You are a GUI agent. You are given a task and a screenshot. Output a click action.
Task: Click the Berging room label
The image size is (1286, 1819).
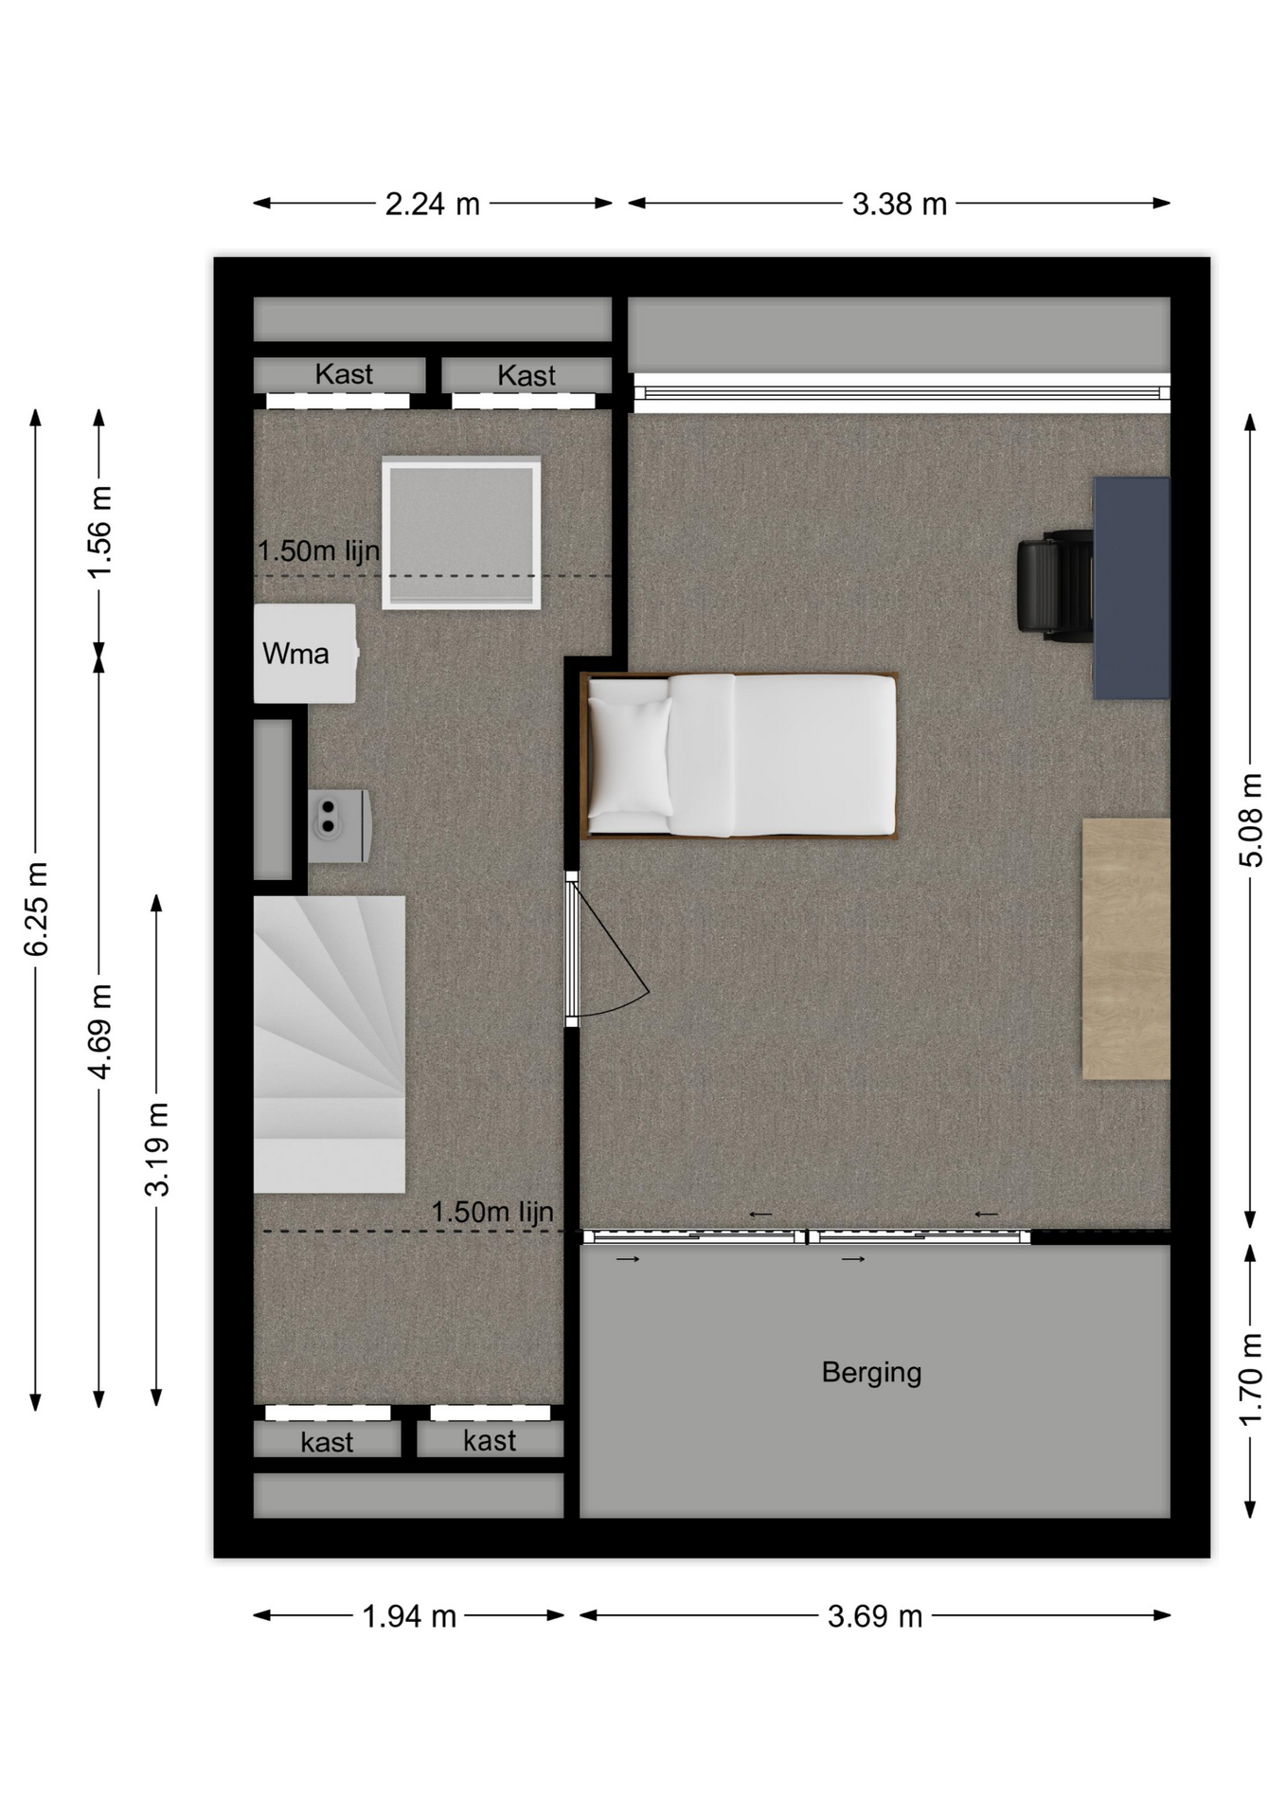pos(871,1373)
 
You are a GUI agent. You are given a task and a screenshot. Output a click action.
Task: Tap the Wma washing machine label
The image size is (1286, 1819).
pos(295,654)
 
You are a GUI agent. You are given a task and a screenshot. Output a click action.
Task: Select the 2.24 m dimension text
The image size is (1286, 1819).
pos(433,204)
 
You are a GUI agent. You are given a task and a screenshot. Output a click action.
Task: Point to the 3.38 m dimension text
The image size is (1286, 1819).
pos(900,204)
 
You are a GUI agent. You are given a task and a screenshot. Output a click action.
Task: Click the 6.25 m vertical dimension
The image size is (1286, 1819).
pos(36,909)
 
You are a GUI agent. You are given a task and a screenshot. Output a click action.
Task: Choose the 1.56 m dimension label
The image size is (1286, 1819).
pos(99,531)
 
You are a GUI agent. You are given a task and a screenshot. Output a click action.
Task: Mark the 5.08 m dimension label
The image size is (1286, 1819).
pos(1251,820)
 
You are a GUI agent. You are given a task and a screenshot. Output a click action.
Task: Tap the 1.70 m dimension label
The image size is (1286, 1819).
pos(1251,1379)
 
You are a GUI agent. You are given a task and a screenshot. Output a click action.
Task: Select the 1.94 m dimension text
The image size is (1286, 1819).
pos(410,1615)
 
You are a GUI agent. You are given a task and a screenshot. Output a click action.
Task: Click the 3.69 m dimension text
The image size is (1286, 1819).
pos(875,1615)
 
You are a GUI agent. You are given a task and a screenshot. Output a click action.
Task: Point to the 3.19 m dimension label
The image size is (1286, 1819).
pos(157,1149)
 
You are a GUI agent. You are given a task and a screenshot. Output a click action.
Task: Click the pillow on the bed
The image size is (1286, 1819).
pos(629,756)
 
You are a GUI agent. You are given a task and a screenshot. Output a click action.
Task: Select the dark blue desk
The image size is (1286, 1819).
pos(1132,587)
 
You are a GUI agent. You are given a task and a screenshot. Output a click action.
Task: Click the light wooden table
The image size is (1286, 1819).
pos(1126,948)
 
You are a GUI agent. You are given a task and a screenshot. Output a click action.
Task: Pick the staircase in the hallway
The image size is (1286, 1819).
pos(329,1044)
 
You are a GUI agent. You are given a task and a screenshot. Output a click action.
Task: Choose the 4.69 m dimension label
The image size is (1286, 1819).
pos(99,1031)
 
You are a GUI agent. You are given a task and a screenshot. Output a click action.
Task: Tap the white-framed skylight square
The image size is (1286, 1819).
pos(461,533)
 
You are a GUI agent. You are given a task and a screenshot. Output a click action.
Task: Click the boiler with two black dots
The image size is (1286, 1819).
pos(338,826)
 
